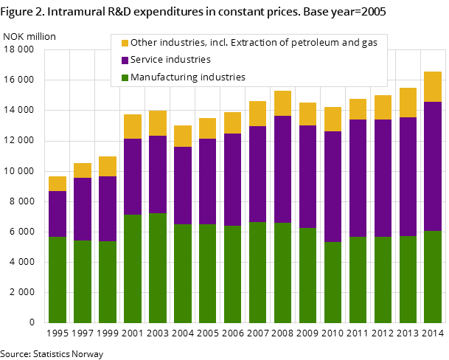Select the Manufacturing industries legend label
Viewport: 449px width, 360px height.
click(188, 77)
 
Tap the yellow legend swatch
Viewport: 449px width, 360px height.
click(125, 43)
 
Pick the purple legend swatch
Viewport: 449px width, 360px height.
click(125, 60)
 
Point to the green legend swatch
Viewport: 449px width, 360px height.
click(125, 77)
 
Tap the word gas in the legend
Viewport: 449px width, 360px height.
click(369, 43)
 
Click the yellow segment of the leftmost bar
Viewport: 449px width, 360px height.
click(58, 184)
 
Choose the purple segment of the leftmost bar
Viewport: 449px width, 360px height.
click(58, 214)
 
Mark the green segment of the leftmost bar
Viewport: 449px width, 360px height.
click(58, 280)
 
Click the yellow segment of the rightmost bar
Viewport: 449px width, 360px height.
click(433, 86)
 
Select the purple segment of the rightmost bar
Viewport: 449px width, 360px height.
click(433, 166)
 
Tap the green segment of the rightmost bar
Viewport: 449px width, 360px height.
click(433, 277)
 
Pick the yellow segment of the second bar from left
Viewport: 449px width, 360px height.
click(83, 170)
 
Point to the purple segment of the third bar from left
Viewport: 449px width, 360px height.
click(108, 209)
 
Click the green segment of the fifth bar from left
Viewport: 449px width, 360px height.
click(158, 268)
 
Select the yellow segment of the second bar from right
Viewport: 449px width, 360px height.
click(408, 103)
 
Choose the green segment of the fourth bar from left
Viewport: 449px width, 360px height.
click(133, 269)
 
